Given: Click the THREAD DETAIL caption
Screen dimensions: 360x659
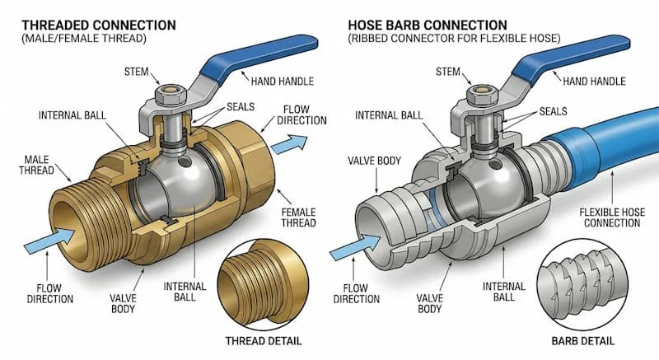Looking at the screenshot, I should (264, 340).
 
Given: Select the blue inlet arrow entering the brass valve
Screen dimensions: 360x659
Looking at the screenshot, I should (46, 241).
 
